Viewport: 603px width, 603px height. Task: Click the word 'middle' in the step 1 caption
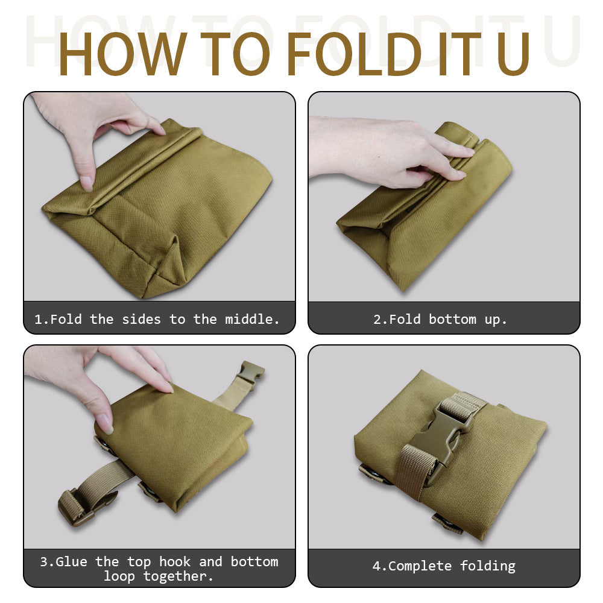pos(252,319)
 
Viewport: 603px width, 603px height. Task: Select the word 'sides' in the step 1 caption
pos(141,319)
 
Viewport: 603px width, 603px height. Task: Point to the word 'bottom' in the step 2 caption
pos(452,319)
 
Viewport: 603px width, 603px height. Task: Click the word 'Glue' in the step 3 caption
pos(72,561)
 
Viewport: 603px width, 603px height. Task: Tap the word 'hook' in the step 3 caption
pos(175,561)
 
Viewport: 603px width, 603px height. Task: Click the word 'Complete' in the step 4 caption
pos(420,566)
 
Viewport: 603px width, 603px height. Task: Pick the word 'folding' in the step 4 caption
pos(488,566)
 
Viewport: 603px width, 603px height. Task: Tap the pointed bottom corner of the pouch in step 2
pos(403,288)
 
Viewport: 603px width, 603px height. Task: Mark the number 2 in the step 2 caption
pos(377,319)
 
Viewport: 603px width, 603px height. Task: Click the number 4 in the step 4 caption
pos(376,566)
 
